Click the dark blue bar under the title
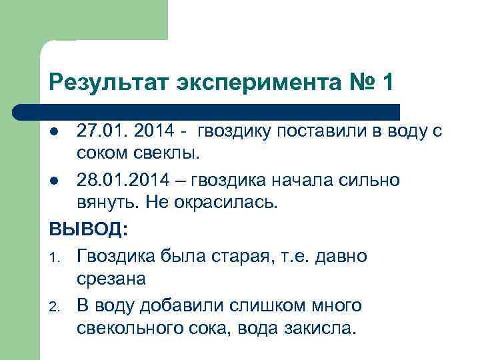(207, 111)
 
